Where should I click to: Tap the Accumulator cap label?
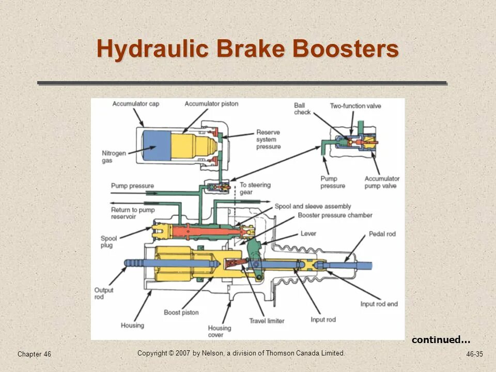tap(136, 104)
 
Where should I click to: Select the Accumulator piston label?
tap(212, 104)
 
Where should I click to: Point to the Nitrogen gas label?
tap(114, 157)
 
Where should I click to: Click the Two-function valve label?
tap(355, 106)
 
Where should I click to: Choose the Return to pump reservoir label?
tap(132, 213)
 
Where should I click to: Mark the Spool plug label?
tap(109, 242)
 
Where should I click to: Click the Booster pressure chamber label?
tap(335, 215)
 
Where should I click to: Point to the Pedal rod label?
tap(382, 234)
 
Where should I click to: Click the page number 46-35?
tap(474, 354)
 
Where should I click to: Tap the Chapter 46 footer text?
tap(34, 354)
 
